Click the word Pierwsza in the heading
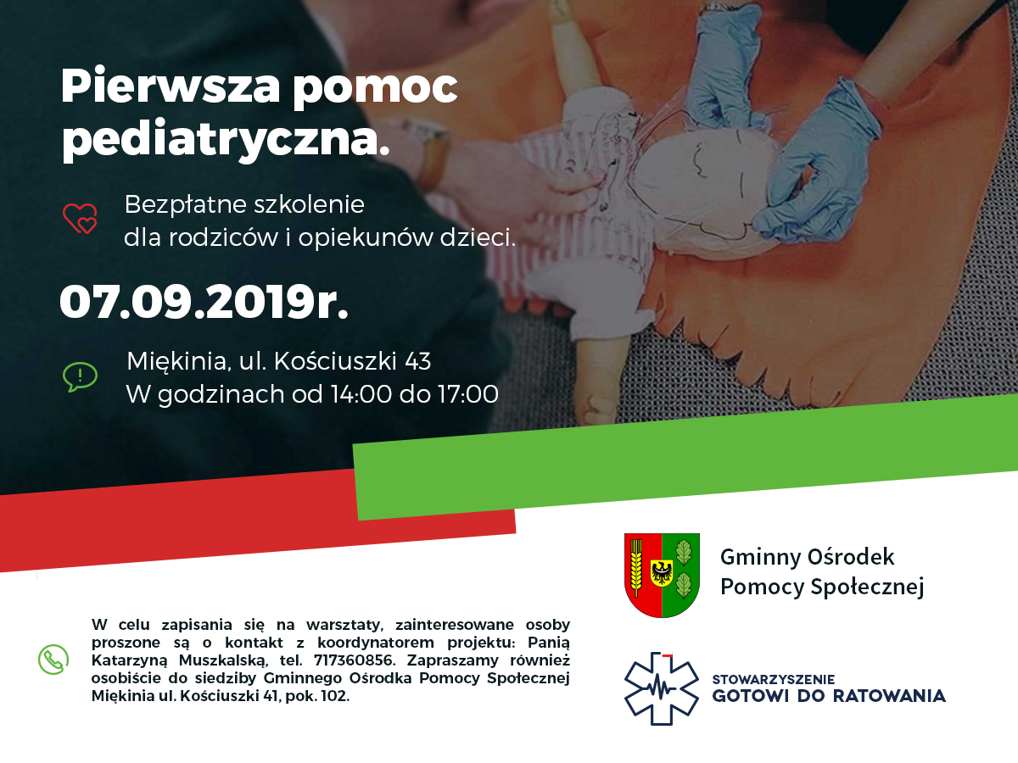tap(171, 86)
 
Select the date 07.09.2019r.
tap(204, 302)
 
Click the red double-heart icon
tap(80, 218)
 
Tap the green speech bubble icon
tap(81, 376)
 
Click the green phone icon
tap(53, 660)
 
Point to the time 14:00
tap(361, 394)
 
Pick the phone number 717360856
tap(354, 660)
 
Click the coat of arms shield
tap(662, 575)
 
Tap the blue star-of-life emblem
tap(662, 689)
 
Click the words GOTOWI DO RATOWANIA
tap(829, 696)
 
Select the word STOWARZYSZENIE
tap(774, 680)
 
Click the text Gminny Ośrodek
tap(807, 557)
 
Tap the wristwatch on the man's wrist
tap(431, 153)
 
